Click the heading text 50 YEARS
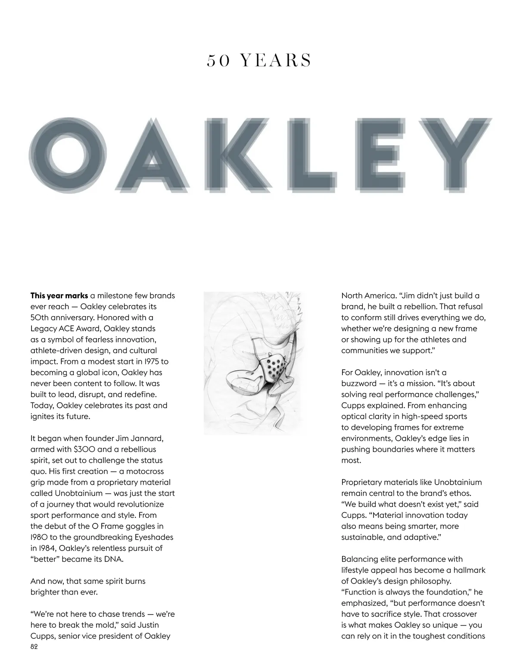[x=259, y=61]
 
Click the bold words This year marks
[x=59, y=296]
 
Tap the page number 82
[x=34, y=647]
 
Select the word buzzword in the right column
[x=358, y=383]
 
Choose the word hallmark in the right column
[x=467, y=570]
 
